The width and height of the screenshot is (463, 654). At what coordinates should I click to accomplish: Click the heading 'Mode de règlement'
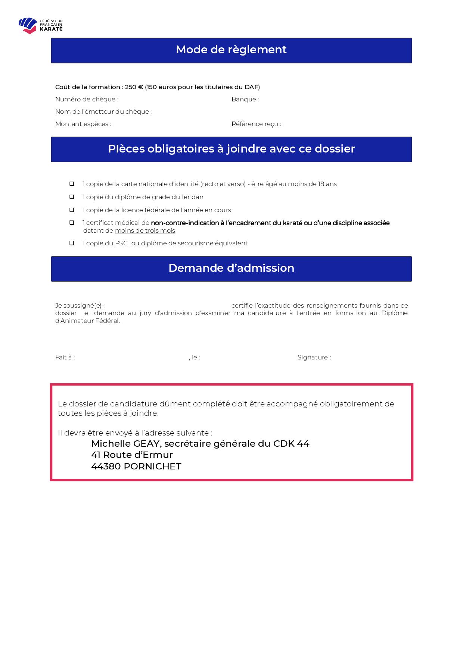(231, 50)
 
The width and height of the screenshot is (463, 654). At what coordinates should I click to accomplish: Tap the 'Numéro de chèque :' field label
(87, 100)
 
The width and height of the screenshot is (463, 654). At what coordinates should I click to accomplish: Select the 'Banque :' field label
(245, 100)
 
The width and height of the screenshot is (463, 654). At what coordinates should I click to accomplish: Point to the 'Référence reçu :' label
(256, 124)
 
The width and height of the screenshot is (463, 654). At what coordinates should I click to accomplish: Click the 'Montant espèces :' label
(83, 124)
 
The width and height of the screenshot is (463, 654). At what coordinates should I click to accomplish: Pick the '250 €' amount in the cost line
(134, 87)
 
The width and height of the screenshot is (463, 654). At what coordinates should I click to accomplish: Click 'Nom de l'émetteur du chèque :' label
(103, 112)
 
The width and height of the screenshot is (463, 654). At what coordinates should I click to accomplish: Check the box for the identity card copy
(72, 184)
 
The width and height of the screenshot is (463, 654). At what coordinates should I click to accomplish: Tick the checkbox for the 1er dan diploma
(72, 197)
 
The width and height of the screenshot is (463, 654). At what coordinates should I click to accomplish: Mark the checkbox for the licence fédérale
(72, 210)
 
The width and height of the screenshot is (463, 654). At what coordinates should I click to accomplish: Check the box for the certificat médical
(72, 223)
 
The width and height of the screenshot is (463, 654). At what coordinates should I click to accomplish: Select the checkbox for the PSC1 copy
(72, 243)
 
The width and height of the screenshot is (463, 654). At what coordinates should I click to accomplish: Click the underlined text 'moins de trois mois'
(145, 231)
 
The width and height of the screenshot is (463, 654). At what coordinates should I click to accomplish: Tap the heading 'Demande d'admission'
(231, 268)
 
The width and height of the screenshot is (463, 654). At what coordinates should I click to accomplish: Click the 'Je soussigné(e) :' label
(80, 306)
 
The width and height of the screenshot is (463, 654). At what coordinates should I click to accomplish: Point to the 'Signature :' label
(314, 358)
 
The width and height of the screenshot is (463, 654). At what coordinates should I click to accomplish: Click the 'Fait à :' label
(65, 358)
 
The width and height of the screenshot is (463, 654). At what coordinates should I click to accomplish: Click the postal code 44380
(106, 466)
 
